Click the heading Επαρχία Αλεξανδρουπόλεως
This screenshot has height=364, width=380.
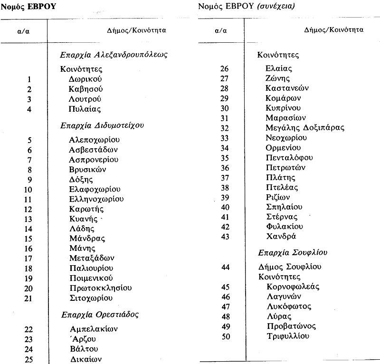click(114, 55)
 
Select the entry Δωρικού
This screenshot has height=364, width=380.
click(85, 79)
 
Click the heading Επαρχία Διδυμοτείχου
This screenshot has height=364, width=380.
click(103, 125)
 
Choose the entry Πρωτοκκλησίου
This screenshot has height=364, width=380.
click(100, 288)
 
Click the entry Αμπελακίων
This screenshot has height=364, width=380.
click(94, 329)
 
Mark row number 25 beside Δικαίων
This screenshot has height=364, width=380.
click(29, 359)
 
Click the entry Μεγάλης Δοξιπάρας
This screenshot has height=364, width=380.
click(305, 127)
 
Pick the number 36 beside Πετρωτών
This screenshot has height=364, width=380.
click(225, 167)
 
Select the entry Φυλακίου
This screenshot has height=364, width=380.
click(284, 227)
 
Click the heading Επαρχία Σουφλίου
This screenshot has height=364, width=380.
click(293, 253)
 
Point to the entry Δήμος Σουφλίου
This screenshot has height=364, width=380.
click(289, 267)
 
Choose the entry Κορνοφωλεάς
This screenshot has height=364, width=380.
click(292, 287)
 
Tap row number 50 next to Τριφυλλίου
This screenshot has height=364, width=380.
click(226, 336)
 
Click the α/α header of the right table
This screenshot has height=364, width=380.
click(220, 30)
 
